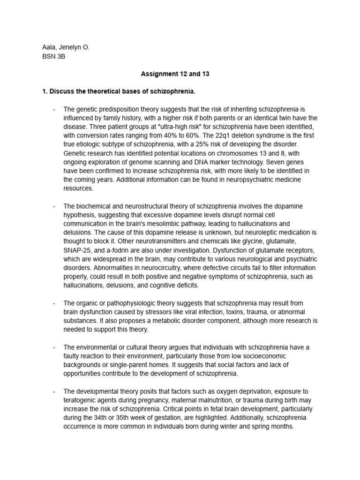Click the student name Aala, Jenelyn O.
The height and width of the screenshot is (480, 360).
(x=66, y=47)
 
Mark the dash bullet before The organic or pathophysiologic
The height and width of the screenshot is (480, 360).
(x=54, y=303)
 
